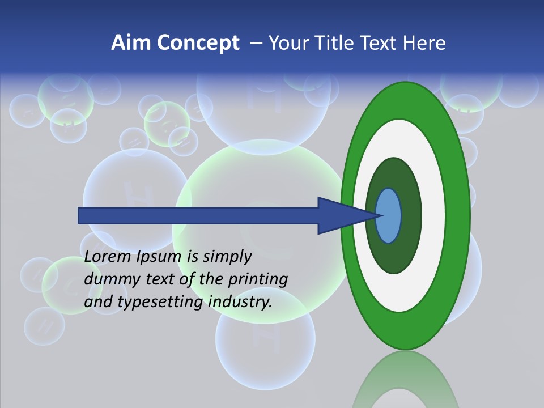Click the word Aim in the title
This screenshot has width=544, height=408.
[x=131, y=43]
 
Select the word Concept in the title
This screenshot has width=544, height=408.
[x=198, y=43]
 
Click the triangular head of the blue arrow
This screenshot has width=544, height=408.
[x=340, y=215]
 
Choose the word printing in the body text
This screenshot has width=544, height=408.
[x=257, y=279]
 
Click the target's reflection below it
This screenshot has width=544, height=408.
[x=405, y=382]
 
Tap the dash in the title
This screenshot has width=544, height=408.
[x=256, y=44]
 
